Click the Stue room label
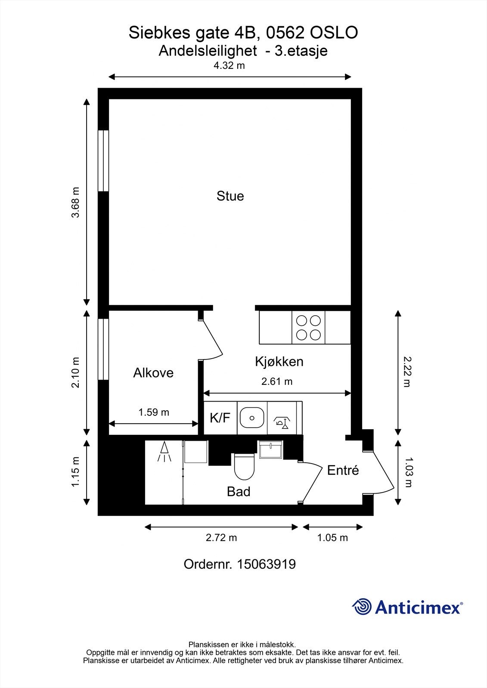[x=230, y=196]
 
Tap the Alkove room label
[x=153, y=373]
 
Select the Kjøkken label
[x=279, y=362]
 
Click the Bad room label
[x=239, y=491]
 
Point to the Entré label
[x=343, y=470]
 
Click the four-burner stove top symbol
[x=308, y=327]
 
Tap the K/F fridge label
[x=220, y=418]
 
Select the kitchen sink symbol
[x=252, y=418]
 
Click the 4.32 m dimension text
[x=230, y=66]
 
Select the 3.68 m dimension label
[x=76, y=203]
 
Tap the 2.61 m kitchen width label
[x=277, y=381]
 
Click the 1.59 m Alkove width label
[x=154, y=412]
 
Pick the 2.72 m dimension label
[x=221, y=537]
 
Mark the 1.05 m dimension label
[x=332, y=537]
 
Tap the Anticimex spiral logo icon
[x=362, y=607]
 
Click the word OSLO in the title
[x=334, y=33]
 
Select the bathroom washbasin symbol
[x=270, y=450]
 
